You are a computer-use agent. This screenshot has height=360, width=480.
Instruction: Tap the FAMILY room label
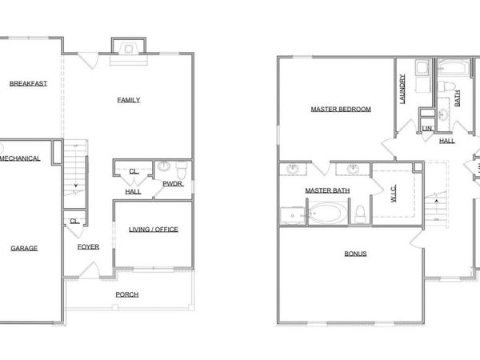coord(129,100)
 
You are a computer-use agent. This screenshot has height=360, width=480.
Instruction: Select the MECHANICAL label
coord(22,158)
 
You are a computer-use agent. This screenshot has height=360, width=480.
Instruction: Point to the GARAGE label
coord(24,248)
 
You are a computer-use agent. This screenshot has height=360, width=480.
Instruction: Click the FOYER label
coord(88,246)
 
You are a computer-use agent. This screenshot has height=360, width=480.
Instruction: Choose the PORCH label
coord(126,294)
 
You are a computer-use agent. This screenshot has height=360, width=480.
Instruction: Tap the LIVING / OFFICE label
coord(153,230)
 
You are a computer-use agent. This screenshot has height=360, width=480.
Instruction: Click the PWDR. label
coord(173,184)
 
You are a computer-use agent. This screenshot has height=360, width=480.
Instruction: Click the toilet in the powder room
coord(182,170)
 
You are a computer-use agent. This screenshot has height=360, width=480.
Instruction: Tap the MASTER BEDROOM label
coord(340,109)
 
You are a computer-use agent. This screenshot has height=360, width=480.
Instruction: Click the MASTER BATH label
coord(327,190)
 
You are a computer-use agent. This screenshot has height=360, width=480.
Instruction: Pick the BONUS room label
coord(355,254)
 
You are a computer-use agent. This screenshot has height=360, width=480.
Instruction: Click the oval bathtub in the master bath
coord(327,214)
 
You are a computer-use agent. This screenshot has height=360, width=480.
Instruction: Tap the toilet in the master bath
coord(361,213)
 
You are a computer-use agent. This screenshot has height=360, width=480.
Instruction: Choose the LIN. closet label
coord(427,128)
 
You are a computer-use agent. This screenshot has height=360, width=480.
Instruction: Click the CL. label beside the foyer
coord(74,221)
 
